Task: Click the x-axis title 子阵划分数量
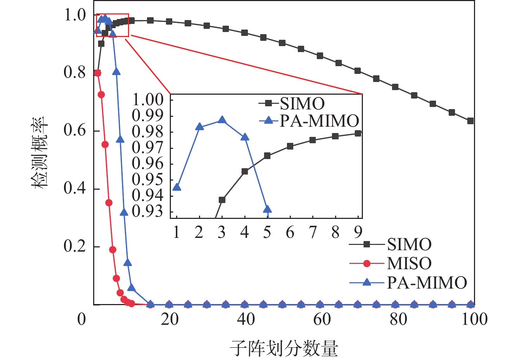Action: (x=284, y=348)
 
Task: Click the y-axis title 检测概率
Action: (x=40, y=153)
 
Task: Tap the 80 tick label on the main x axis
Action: (x=398, y=319)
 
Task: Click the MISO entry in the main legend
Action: (x=409, y=263)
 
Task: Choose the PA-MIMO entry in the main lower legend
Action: (x=427, y=282)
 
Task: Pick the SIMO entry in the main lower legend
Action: (x=409, y=244)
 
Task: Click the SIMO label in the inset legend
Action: (x=302, y=103)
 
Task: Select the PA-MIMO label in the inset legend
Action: (x=319, y=121)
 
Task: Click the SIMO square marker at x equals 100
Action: (x=470, y=121)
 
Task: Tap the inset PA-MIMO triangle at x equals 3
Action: (x=222, y=120)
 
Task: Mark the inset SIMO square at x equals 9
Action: (x=358, y=133)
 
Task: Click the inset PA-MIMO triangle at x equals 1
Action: (x=177, y=187)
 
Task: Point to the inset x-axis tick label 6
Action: (x=290, y=232)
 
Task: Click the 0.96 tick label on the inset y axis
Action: (x=148, y=164)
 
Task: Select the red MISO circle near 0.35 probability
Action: (x=109, y=203)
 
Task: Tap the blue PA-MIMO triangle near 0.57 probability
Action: (x=120, y=139)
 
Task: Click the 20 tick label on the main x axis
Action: (x=169, y=319)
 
